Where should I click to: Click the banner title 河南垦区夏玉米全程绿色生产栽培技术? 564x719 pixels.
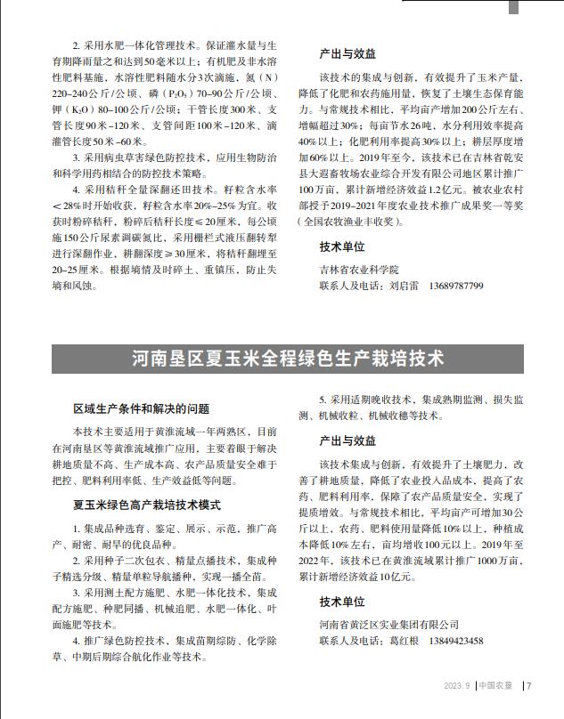coord(288,359)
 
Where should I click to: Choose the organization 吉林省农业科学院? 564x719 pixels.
coord(358,269)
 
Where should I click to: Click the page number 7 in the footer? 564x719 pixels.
coord(529,686)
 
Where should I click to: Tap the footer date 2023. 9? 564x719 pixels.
coord(457,686)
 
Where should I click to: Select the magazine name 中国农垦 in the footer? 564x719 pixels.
coord(495,686)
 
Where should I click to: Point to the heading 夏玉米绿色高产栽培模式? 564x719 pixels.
coord(135,505)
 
